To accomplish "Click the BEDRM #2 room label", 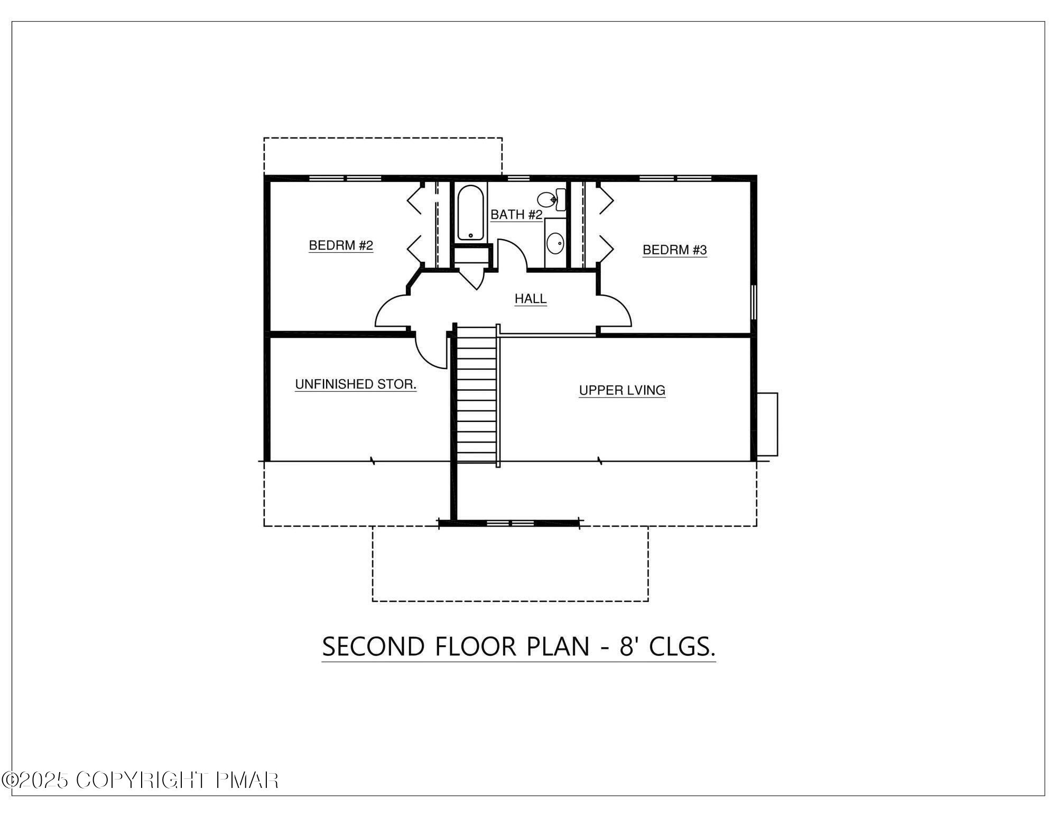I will (341, 245).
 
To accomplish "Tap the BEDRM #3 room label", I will (674, 250).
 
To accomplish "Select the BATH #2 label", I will (516, 215).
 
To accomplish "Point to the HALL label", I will (531, 299).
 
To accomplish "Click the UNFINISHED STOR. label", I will (356, 384).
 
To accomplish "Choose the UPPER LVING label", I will (622, 390).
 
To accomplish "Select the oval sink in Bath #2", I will (555, 244).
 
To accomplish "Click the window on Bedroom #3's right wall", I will (754, 302).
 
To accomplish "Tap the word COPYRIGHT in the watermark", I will (142, 780).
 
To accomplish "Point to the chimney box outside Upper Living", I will (767, 424).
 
